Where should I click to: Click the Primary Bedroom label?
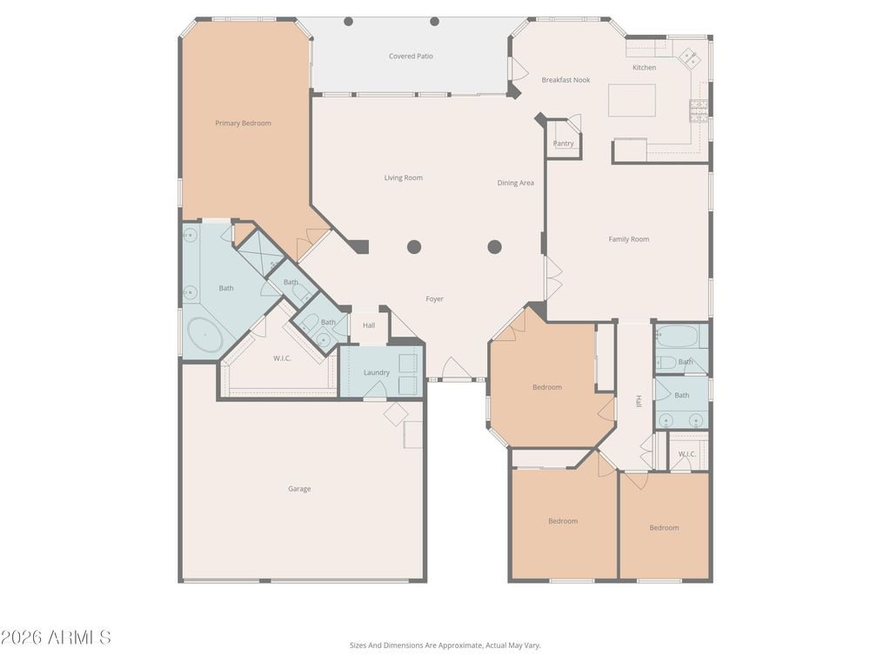pos(243,124)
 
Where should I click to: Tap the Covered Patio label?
pos(411,57)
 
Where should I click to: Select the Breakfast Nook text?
pos(566,80)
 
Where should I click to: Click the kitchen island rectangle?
pos(632,101)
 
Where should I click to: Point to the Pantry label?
pos(563,144)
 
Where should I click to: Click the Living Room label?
pos(404,177)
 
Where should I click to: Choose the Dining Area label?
pos(515,183)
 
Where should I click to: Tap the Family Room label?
pos(628,239)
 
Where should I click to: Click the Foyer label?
pos(435,299)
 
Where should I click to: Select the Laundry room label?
pos(376,372)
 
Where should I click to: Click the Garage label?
pos(299,489)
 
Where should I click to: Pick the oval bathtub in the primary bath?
pos(204,335)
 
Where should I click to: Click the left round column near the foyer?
pos(413,247)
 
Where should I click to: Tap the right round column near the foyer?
pos(494,247)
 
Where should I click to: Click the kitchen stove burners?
pos(699,110)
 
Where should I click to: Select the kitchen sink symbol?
pos(690,57)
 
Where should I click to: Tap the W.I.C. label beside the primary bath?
pos(282,358)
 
